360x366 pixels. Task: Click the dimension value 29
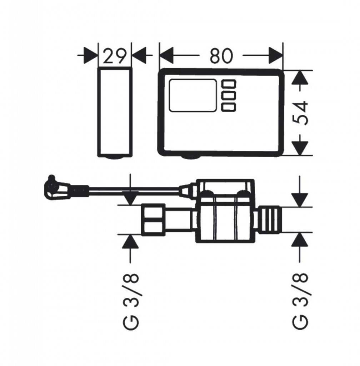point(115,56)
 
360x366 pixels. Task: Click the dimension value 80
point(221,56)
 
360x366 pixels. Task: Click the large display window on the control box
point(193,95)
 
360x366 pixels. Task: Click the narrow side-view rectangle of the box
point(115,112)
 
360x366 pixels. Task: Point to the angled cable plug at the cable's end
point(54,188)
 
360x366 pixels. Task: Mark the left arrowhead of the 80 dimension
point(166,56)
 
